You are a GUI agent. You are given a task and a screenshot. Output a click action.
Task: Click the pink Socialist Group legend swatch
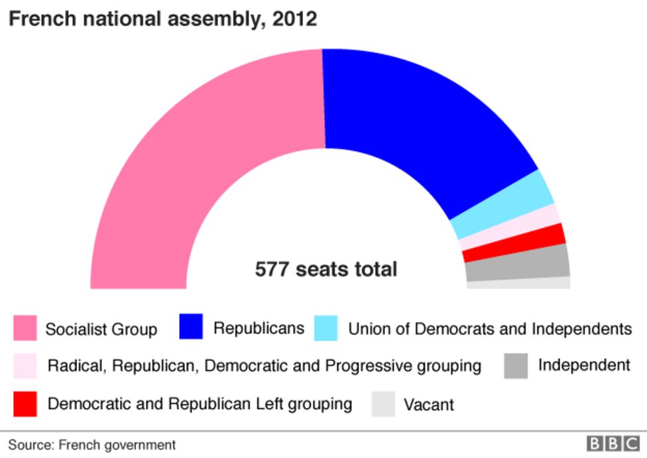(x=25, y=328)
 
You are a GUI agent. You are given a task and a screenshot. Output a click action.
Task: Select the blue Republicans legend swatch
(x=192, y=327)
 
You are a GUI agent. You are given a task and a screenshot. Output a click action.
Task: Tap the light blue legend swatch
(x=325, y=328)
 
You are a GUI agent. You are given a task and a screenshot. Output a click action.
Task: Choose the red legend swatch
(x=25, y=403)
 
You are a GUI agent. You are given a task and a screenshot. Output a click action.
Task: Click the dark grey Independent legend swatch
(x=515, y=365)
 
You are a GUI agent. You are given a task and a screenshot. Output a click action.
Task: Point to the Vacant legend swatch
(x=383, y=404)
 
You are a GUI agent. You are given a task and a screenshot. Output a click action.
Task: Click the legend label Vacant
(x=429, y=404)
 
